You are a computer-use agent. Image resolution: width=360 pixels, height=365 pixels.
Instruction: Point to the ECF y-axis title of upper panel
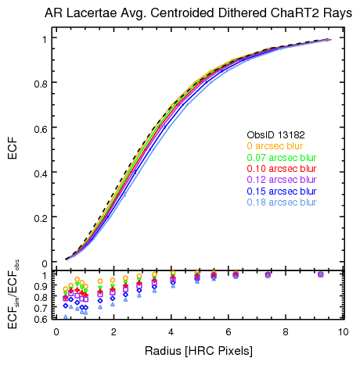(12, 150)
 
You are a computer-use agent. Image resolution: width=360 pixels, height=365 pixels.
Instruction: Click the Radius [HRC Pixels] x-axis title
(197, 351)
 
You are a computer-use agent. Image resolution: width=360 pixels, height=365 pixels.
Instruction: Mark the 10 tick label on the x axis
(342, 331)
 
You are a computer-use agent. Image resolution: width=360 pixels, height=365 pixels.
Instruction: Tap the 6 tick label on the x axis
(228, 331)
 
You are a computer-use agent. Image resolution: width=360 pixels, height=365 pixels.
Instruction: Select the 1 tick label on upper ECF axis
(44, 38)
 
